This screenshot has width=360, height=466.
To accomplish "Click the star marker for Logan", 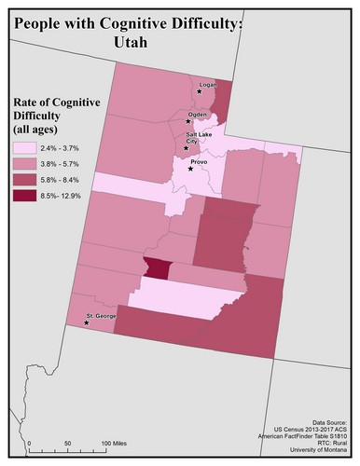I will click(x=199, y=91).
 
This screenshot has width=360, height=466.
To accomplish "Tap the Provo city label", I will click(x=201, y=161).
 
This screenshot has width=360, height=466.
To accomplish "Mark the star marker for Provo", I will click(x=191, y=169).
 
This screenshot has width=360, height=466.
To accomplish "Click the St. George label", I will click(x=99, y=317).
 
